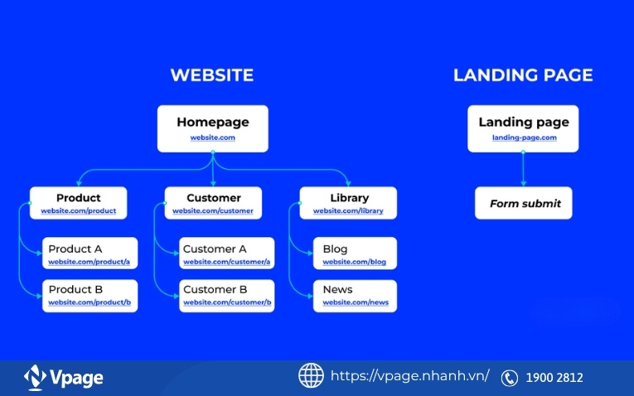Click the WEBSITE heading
click(x=212, y=75)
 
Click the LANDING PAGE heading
click(x=523, y=75)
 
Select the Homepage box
click(x=213, y=128)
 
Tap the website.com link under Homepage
click(x=213, y=138)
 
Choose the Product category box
click(x=79, y=203)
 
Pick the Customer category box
click(x=213, y=203)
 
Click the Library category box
click(x=348, y=203)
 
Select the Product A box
click(x=90, y=254)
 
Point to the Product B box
click(x=90, y=295)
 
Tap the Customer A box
click(x=226, y=254)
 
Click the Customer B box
click(x=226, y=295)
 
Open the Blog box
click(x=355, y=254)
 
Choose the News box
click(x=355, y=295)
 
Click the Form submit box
click(x=524, y=203)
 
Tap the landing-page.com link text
click(x=524, y=138)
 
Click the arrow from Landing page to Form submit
click(x=524, y=170)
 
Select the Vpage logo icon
click(x=35, y=378)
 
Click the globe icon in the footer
click(x=311, y=375)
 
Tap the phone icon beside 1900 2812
click(x=510, y=378)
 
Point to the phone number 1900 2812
click(x=554, y=378)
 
